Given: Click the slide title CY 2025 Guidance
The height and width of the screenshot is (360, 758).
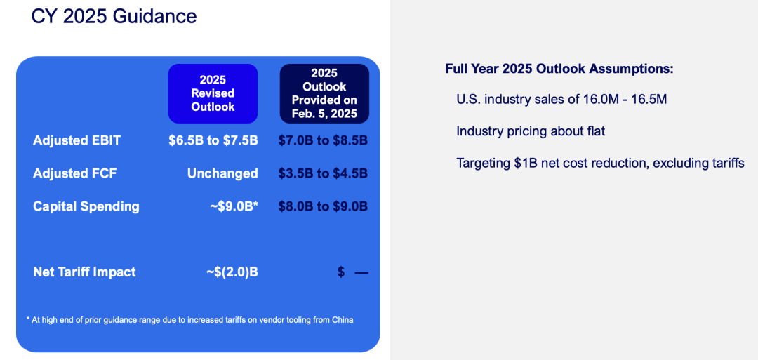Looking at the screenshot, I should [x=114, y=16].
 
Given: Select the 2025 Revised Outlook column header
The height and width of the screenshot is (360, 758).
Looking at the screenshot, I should [x=213, y=93].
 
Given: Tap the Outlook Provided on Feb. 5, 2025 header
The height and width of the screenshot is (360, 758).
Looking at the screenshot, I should [x=324, y=93].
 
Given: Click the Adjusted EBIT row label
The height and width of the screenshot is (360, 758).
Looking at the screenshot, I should [x=77, y=140].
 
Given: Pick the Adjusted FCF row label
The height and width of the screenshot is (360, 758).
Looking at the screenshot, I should [x=75, y=173].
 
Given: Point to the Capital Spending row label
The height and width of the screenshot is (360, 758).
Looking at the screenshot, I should [x=86, y=206].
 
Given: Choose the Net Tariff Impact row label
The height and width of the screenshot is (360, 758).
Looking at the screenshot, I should [x=84, y=272].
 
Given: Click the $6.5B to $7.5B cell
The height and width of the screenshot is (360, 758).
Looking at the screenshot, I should [x=213, y=140].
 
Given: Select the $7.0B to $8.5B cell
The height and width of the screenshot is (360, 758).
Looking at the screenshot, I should [x=323, y=140].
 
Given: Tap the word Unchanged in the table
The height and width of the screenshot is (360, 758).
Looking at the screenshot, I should [x=222, y=173].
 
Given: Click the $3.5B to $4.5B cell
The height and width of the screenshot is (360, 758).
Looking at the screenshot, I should [x=323, y=173].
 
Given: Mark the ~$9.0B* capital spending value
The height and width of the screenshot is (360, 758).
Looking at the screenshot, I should [x=234, y=206].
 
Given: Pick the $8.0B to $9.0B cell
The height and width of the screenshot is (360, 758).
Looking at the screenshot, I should [x=323, y=206].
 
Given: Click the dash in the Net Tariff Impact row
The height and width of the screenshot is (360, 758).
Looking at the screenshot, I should [x=361, y=272].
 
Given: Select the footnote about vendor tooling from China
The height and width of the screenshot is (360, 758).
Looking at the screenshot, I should [x=189, y=320].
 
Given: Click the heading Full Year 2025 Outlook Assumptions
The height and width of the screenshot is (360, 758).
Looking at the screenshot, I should [x=559, y=69].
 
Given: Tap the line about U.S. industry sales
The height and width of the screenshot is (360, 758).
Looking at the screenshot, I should [x=561, y=100].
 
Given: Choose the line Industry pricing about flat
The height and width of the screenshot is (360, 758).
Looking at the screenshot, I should [x=531, y=131].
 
